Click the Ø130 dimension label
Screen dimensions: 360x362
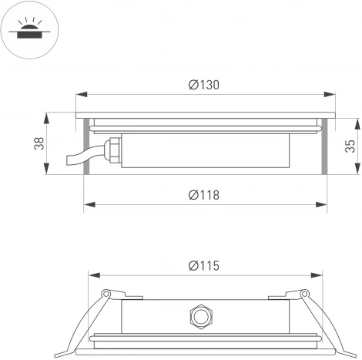[203, 86]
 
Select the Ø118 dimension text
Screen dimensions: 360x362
[203, 195]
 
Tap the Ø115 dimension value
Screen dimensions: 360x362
[203, 265]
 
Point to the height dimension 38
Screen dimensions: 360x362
[38, 144]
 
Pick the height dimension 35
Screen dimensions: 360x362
[350, 146]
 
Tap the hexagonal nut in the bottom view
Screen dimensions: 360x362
[200, 315]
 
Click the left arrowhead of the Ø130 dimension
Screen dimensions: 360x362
[79, 96]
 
